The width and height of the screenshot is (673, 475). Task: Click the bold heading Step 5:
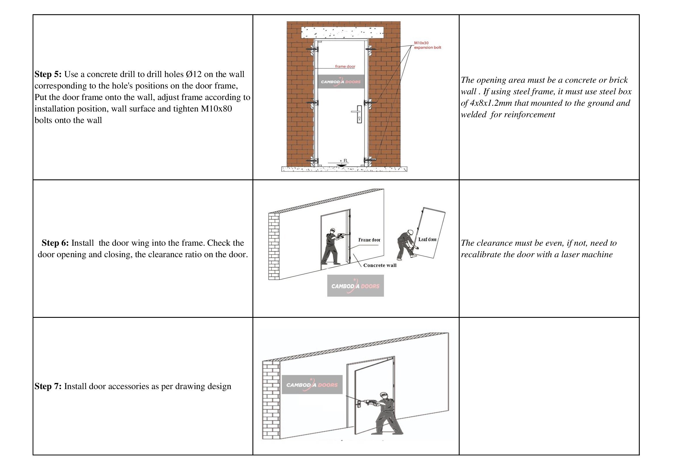pos(48,74)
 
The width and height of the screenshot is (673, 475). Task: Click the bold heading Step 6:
pos(55,243)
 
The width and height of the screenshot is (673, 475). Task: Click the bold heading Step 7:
pos(48,386)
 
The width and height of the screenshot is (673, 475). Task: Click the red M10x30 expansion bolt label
pos(427,45)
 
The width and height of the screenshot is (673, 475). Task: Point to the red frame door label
pos(345,66)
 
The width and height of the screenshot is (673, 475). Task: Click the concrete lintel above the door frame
pos(343,32)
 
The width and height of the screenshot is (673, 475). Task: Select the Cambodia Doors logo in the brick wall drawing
pos(341,82)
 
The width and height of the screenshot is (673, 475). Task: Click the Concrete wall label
pos(380,265)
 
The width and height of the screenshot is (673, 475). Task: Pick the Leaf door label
pos(427,239)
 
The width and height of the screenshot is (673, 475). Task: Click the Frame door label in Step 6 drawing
pos(369,240)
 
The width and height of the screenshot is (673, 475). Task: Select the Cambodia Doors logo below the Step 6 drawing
pos(355,286)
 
